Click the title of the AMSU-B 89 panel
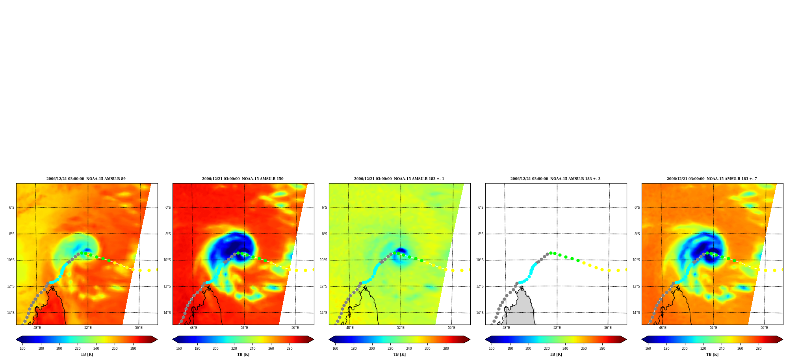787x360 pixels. click(86, 179)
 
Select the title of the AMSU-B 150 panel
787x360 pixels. click(243, 179)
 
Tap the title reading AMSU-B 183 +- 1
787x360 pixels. click(399, 179)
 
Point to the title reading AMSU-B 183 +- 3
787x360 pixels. click(555, 179)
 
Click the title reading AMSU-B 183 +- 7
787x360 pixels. click(712, 179)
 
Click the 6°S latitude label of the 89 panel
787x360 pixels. click(12, 208)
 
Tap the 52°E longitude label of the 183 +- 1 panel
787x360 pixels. click(401, 328)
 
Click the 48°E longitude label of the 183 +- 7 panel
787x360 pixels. click(663, 328)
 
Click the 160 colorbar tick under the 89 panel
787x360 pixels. click(22, 348)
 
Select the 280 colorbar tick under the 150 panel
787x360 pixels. click(290, 348)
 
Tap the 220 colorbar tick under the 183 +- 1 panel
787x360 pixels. click(390, 348)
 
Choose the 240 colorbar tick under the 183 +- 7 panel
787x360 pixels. click(722, 348)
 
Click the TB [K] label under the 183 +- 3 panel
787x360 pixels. click(556, 354)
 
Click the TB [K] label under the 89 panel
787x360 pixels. click(87, 354)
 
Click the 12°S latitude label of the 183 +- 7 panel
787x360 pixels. click(636, 286)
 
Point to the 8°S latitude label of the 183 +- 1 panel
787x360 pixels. click(325, 234)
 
